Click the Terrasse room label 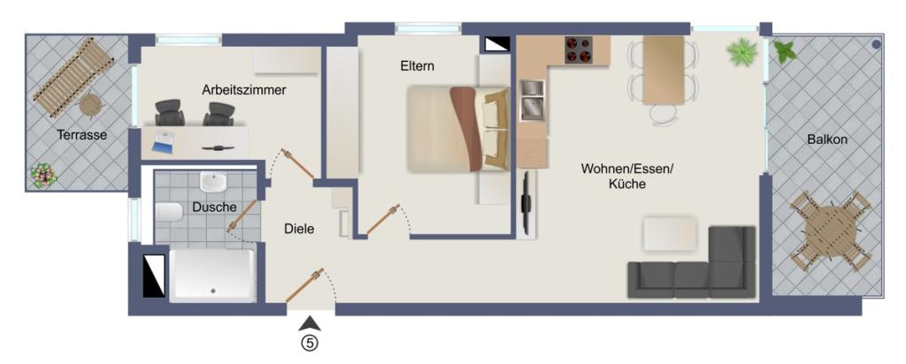click(82, 135)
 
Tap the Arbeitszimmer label click(243, 89)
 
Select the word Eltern click(417, 65)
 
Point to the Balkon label click(827, 140)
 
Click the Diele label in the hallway click(299, 229)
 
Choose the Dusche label click(214, 208)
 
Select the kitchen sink click(533, 100)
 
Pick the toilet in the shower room click(169, 212)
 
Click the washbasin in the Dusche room click(213, 183)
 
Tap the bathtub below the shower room click(212, 276)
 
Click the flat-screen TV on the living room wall click(526, 203)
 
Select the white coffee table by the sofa click(675, 234)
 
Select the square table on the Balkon click(830, 232)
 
